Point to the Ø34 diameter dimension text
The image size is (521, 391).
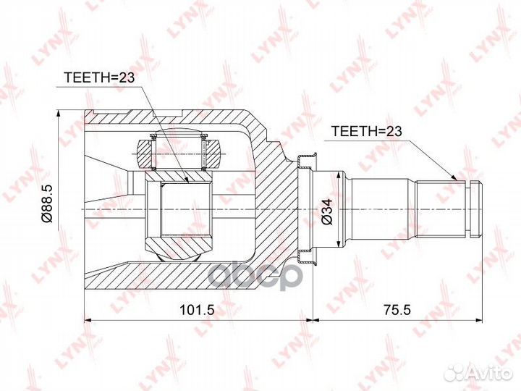point(327,211)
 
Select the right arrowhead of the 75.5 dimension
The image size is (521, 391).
point(476,318)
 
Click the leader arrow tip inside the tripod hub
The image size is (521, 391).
point(187,181)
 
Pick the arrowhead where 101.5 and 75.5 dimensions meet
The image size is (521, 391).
point(312,318)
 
